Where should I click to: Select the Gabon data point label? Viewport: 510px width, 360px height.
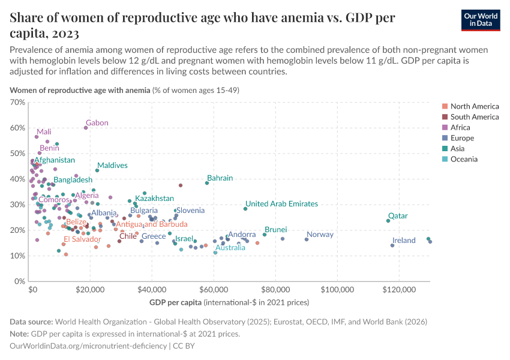(97, 123)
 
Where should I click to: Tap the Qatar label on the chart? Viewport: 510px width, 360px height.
(398, 216)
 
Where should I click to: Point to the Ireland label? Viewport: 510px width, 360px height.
(404, 241)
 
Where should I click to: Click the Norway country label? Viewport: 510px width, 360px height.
(320, 235)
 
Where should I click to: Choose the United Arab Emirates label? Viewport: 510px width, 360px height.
(281, 204)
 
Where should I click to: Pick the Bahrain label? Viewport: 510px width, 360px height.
(220, 178)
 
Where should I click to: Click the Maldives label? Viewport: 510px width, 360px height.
(112, 166)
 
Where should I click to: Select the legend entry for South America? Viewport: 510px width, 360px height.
(474, 117)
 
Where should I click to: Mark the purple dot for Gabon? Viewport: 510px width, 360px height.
(86, 128)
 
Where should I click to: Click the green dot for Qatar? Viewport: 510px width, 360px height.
(388, 221)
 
